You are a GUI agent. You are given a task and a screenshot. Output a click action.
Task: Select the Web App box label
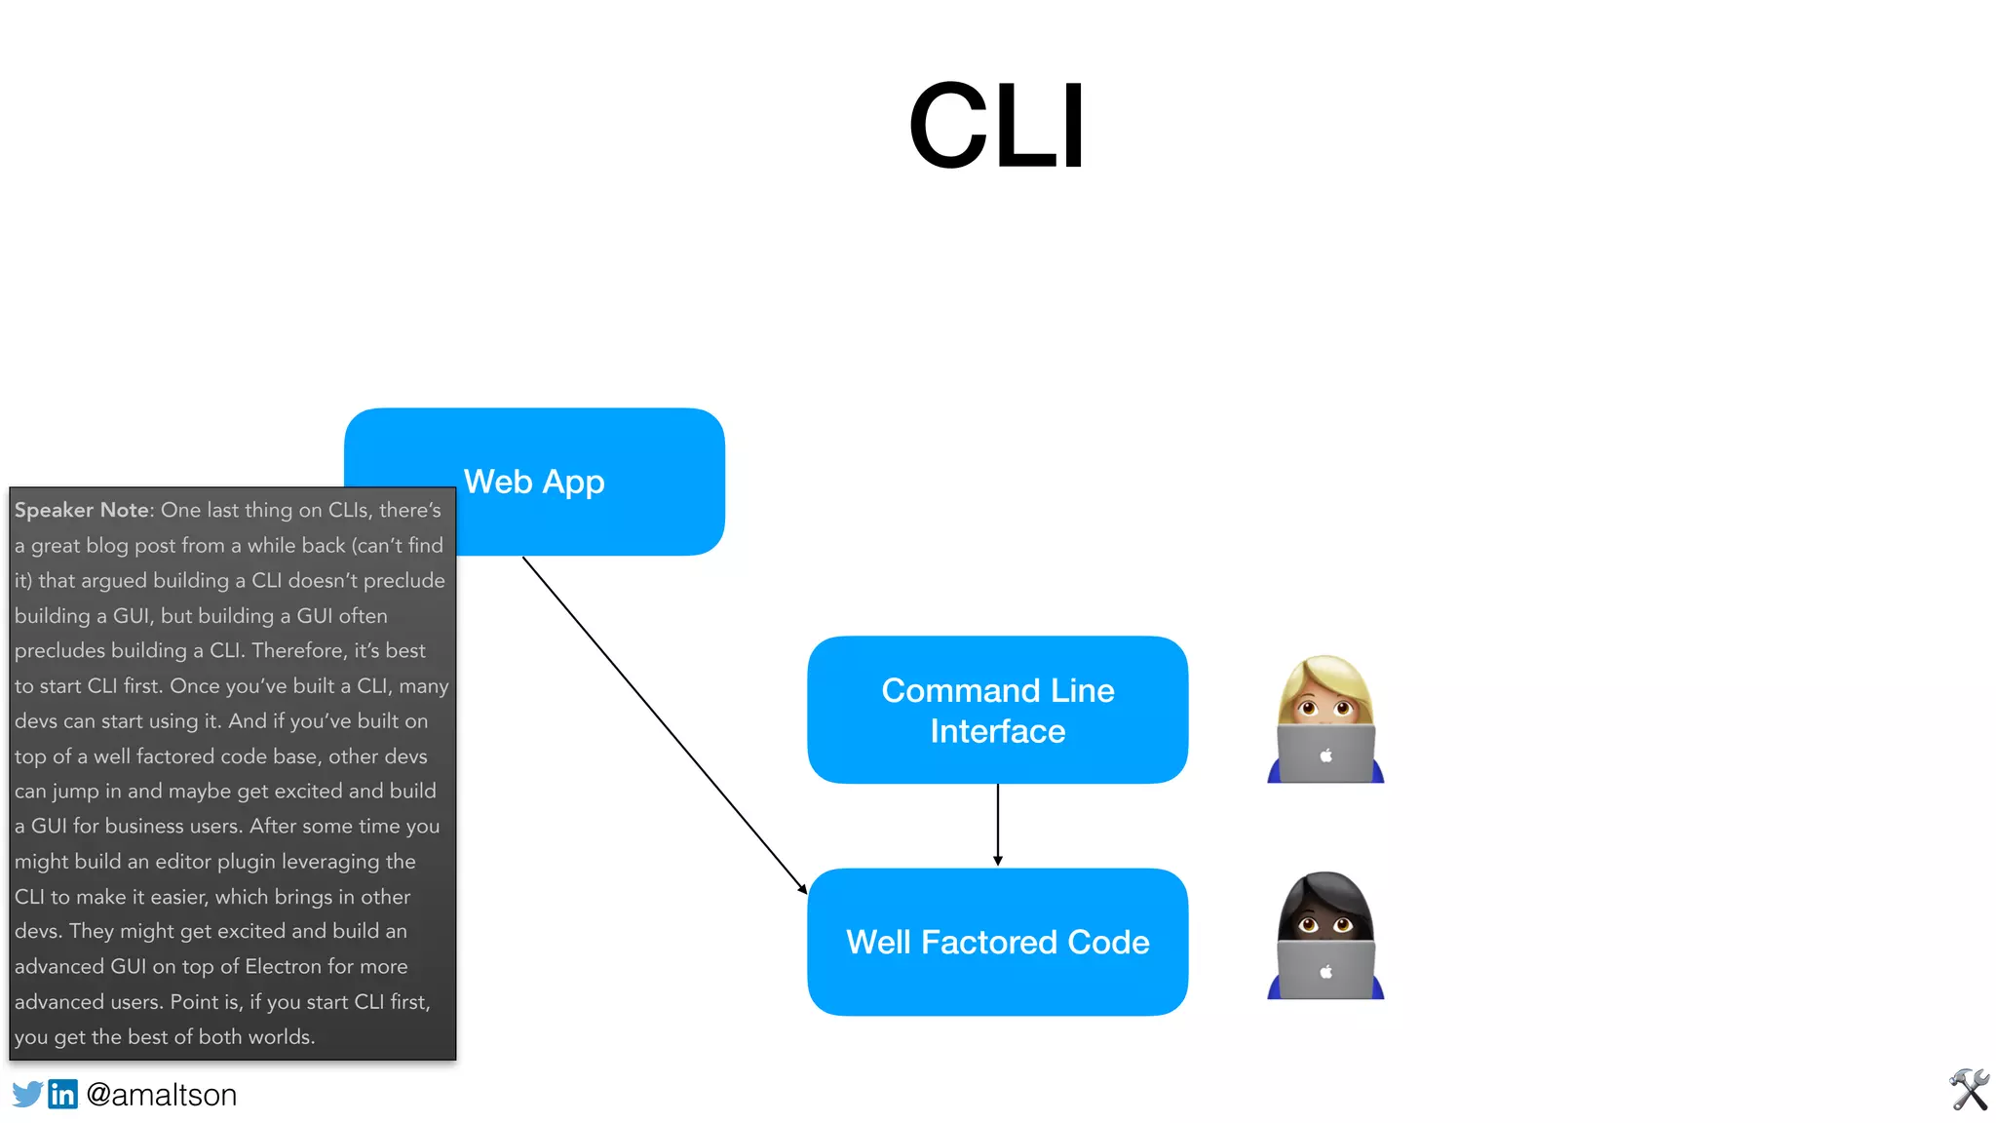pos(534,482)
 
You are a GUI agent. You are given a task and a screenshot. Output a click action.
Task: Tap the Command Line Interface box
pos(997,710)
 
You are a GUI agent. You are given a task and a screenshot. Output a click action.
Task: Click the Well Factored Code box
pos(997,942)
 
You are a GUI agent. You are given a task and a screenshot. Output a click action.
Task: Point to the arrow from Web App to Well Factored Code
pos(663,723)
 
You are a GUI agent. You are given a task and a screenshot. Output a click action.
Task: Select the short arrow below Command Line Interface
pos(997,825)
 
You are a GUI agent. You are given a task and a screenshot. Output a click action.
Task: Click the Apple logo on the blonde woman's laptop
pos(1325,755)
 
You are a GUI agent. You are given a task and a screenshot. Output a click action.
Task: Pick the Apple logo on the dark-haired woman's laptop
pos(1325,971)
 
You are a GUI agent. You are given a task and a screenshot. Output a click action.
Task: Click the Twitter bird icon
pos(27,1094)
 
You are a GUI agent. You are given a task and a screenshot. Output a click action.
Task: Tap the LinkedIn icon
pos(62,1094)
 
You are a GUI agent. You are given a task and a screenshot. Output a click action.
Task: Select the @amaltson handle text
pos(162,1095)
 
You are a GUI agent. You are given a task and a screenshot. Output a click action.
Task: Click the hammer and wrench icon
pos(1969,1090)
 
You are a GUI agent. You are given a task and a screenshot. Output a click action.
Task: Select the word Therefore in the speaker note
pos(297,650)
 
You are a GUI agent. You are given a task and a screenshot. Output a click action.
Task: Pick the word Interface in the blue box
pos(997,731)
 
